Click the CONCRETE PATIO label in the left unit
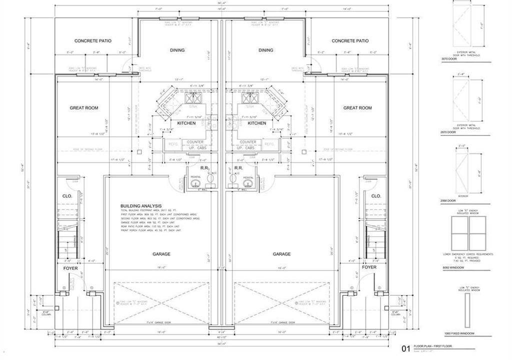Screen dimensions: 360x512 93,41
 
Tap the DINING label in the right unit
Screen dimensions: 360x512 266,50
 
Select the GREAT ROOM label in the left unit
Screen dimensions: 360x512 84,108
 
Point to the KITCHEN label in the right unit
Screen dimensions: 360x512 257,123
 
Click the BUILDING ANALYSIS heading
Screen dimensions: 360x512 141,206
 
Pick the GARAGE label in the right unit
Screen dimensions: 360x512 281,254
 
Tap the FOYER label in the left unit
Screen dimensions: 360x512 70,267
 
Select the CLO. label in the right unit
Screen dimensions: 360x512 376,196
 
